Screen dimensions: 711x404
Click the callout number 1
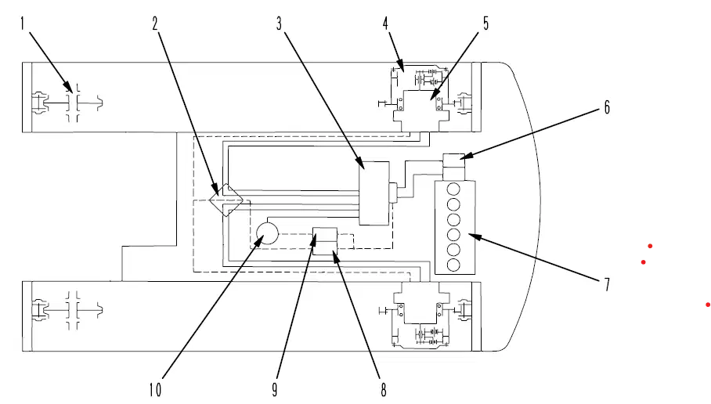tap(22, 23)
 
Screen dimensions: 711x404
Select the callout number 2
tap(155, 23)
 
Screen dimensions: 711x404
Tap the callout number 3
tap(279, 23)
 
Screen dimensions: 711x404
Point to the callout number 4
tap(385, 23)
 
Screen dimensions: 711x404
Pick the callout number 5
tap(485, 23)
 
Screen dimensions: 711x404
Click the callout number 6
tap(607, 107)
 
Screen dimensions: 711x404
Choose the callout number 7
tap(607, 284)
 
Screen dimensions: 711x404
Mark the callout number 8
tap(384, 389)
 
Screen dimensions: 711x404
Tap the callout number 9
tap(274, 389)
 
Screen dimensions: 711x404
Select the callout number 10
tap(155, 389)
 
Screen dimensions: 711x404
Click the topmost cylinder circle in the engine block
tap(453, 189)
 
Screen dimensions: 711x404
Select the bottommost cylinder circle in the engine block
tap(453, 265)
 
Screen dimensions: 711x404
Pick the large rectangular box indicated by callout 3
tap(374, 193)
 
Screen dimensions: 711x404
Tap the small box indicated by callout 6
tap(454, 161)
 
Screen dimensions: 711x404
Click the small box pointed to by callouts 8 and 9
tap(325, 241)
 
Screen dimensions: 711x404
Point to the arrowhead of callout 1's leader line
tap(67, 87)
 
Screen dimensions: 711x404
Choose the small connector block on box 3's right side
tap(392, 193)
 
